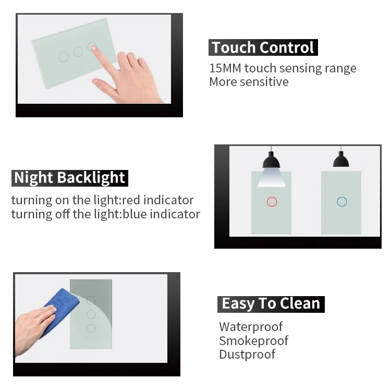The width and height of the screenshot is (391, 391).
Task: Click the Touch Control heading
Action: point(263,47)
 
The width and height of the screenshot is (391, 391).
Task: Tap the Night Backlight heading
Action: point(70,178)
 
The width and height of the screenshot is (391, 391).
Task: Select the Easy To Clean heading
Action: point(271,304)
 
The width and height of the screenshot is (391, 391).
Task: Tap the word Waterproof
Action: point(251,327)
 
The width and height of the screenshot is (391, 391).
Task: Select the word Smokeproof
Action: point(253,340)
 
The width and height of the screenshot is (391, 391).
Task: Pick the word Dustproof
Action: point(247,355)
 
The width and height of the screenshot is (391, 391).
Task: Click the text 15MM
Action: point(225,68)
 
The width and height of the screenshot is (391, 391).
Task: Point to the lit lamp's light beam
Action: point(271,177)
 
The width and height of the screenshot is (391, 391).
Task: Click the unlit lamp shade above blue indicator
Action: point(341,160)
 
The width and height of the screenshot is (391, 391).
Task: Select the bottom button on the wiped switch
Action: point(91,328)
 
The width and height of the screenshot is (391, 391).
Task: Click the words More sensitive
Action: point(249,82)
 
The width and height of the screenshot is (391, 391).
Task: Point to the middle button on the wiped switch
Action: point(91,314)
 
